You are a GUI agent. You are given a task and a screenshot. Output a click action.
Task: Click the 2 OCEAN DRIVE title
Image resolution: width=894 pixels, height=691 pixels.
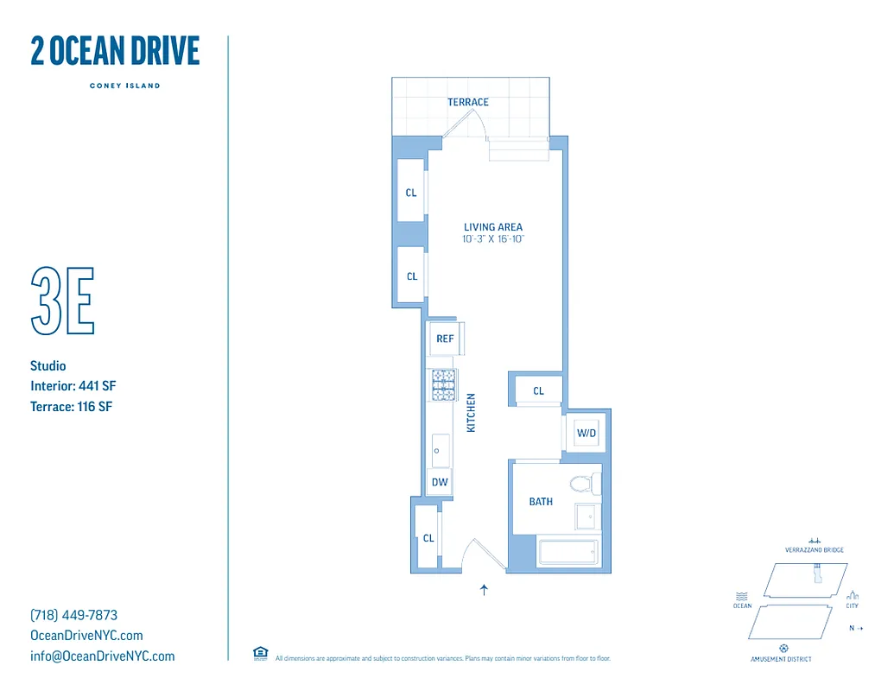[x=115, y=52]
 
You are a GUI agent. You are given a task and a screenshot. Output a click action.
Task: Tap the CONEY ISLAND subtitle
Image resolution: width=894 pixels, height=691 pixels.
[x=124, y=86]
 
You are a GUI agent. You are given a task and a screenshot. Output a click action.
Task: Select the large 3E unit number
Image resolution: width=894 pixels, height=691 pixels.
[x=62, y=301]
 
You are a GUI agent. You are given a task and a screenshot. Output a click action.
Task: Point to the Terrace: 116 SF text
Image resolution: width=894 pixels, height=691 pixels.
[x=71, y=406]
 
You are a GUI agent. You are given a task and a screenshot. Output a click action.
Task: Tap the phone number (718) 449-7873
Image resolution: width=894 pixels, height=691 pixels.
[x=73, y=615]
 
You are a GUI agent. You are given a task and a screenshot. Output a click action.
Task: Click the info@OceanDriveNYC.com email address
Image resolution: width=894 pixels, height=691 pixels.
[x=102, y=656]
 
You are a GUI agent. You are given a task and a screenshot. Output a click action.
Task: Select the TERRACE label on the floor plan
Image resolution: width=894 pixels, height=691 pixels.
[x=467, y=102]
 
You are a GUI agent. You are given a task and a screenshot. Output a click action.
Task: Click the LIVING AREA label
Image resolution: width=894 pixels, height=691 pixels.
[x=492, y=227]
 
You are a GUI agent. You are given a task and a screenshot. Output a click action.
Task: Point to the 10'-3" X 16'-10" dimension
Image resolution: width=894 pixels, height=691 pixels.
[x=493, y=238]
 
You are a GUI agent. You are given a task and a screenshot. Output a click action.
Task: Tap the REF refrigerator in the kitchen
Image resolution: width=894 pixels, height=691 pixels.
[x=445, y=339]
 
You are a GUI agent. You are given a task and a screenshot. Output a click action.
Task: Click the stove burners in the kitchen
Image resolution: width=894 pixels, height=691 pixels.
[x=443, y=385]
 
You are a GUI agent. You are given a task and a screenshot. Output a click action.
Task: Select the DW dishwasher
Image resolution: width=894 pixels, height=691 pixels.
[x=440, y=482]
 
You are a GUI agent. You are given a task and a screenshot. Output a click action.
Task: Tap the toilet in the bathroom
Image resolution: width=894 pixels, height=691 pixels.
[x=585, y=483]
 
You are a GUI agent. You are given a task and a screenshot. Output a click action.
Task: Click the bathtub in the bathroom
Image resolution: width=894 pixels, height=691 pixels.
[x=567, y=553]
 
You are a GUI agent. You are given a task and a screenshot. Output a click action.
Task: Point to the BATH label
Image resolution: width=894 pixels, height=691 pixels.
[x=541, y=502]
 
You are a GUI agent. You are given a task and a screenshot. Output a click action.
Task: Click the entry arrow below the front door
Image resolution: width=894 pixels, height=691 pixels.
[x=484, y=591]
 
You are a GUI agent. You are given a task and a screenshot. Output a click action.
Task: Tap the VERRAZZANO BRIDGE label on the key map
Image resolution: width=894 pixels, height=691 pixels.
[x=814, y=549]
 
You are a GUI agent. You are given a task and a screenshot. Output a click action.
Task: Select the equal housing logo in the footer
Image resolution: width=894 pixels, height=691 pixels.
[x=260, y=654]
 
